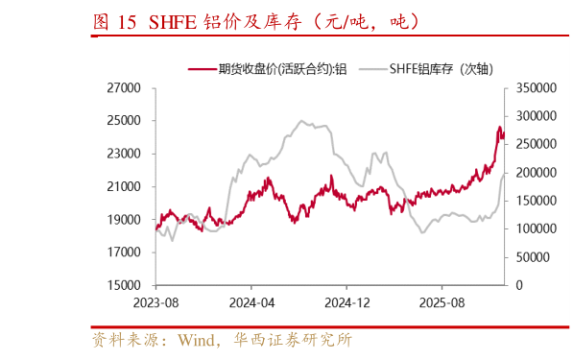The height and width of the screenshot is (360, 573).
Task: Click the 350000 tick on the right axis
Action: coord(535,87)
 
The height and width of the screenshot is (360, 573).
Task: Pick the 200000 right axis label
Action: coord(535,173)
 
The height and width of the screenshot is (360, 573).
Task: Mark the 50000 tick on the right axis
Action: coord(531,257)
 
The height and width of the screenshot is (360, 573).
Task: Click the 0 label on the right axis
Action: coord(519,285)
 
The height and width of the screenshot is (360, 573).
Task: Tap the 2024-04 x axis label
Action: coord(250,301)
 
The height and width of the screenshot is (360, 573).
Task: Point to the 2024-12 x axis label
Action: coord(345,301)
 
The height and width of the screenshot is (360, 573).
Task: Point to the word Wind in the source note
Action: coord(197,340)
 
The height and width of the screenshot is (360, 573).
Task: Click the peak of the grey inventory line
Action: coord(301,121)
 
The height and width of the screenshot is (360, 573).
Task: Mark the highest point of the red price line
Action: coord(499,126)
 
